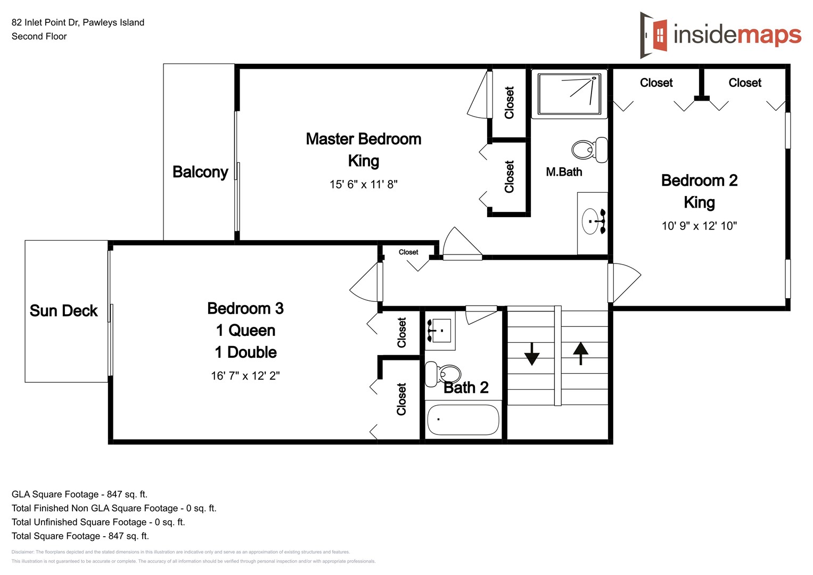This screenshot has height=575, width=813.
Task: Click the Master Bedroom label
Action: coord(363,139)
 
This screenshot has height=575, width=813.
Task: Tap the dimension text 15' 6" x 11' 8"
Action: coord(363,184)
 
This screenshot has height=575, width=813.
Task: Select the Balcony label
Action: coord(200,172)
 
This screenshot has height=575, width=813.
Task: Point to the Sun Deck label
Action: coord(63,311)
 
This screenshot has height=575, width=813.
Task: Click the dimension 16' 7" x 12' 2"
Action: coord(245,376)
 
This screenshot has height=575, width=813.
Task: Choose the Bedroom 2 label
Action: coord(699,180)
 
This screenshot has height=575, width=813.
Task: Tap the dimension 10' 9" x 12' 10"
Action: coord(699,226)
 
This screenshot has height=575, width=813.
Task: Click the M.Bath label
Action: coord(564,172)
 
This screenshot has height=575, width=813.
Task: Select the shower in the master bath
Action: coord(569,94)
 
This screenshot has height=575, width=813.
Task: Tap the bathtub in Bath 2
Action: coord(463,420)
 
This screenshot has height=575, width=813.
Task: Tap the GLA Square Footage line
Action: coord(79,494)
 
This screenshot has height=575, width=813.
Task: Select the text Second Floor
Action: coord(39,36)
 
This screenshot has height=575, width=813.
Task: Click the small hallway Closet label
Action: coord(408,252)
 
